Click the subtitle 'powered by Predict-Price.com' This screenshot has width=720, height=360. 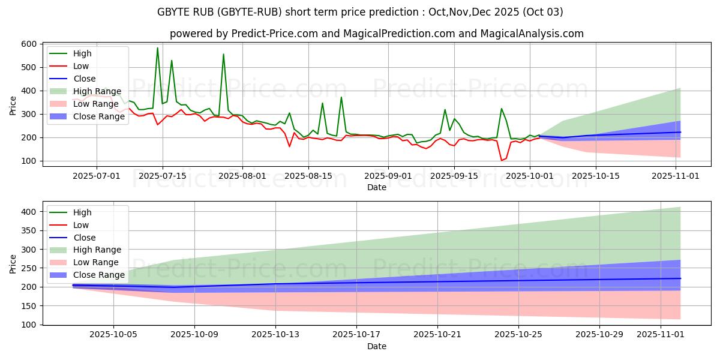point(376,34)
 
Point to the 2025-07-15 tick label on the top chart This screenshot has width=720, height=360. point(163,176)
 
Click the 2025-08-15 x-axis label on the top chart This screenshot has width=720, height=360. point(308,176)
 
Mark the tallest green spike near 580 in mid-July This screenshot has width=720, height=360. point(158,48)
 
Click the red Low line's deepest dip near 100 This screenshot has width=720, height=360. point(502,160)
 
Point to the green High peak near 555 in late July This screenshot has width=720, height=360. point(224,54)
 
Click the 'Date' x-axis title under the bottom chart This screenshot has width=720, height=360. point(376,346)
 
